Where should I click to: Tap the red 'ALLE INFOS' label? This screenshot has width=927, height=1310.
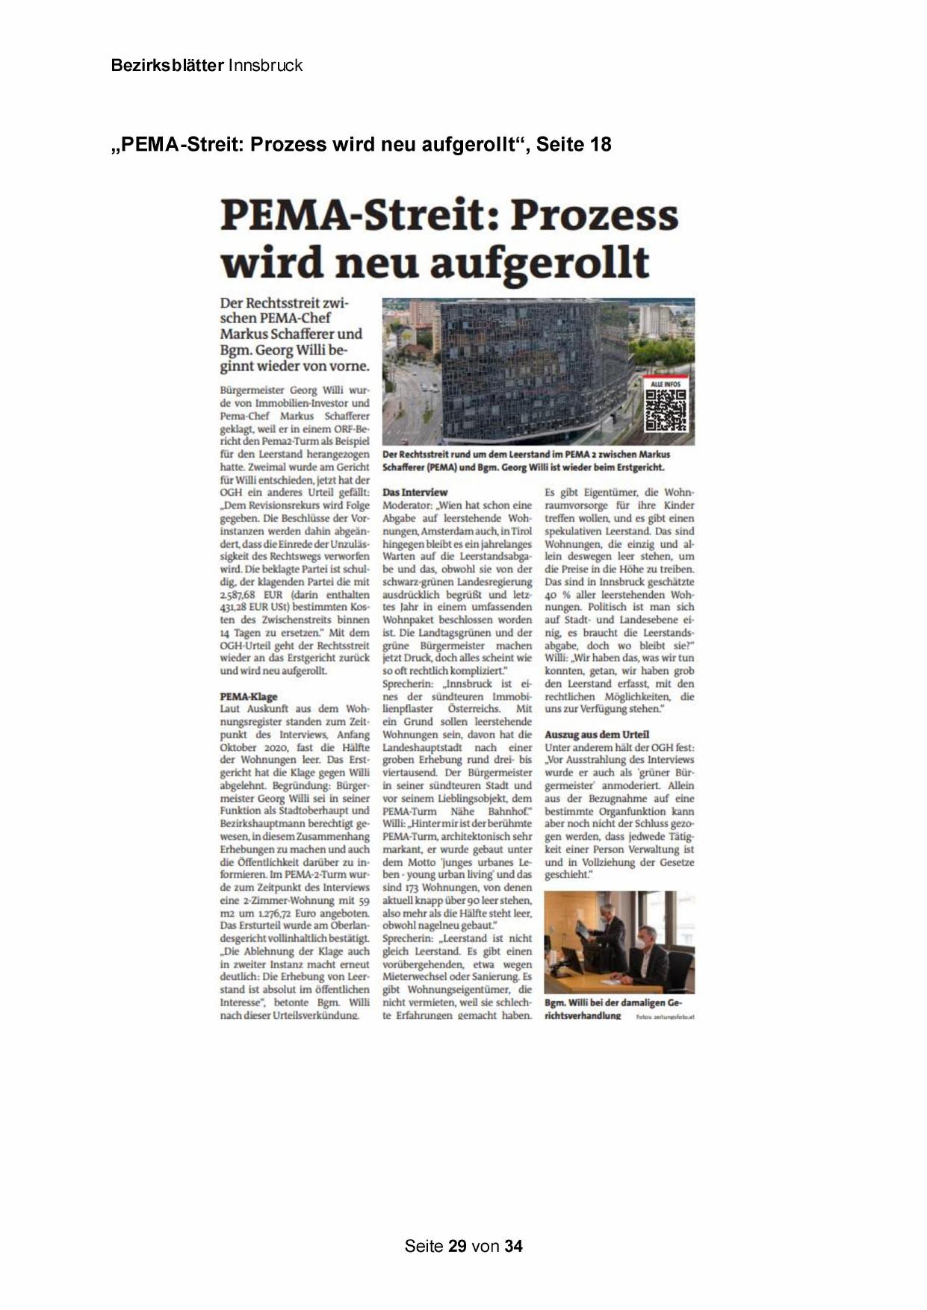point(666,383)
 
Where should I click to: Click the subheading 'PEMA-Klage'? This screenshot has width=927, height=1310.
point(249,696)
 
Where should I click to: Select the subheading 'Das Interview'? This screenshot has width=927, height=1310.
point(415,493)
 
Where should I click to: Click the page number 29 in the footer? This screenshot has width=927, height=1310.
point(458,1246)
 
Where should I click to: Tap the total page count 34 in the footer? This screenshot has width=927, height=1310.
point(513,1246)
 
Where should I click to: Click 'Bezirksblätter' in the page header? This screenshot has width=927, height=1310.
point(167,66)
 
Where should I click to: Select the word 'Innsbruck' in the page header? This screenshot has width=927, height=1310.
point(265,66)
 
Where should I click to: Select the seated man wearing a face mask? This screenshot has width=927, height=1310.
point(647,956)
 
